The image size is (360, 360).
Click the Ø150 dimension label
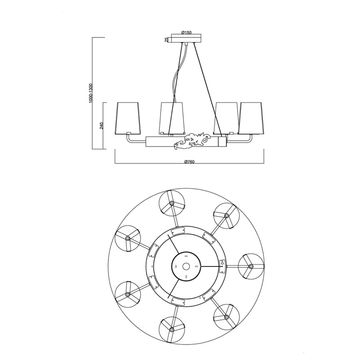tap(186, 33)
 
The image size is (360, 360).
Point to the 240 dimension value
tap(102, 126)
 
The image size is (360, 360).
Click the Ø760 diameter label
tap(189, 162)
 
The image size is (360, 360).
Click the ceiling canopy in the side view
tap(186, 38)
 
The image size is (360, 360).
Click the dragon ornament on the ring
tap(192, 142)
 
